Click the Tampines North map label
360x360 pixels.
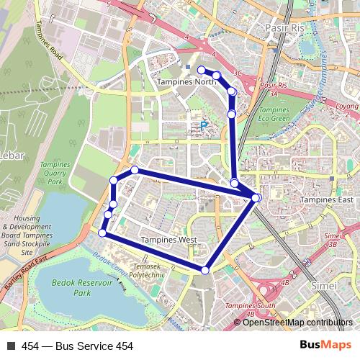click(x=186, y=82)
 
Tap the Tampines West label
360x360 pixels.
click(x=168, y=239)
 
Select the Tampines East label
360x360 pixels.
click(x=327, y=199)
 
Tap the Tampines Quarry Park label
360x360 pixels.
click(x=55, y=174)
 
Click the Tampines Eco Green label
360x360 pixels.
click(x=274, y=114)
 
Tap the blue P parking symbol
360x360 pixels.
click(x=203, y=125)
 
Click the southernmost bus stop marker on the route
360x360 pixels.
click(x=205, y=270)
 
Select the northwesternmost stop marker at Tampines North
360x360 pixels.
click(x=201, y=70)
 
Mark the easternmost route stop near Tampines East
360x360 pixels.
click(x=256, y=197)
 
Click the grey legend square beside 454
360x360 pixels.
click(x=11, y=346)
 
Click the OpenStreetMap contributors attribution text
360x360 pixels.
click(x=297, y=322)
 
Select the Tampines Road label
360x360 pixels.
click(x=49, y=48)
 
